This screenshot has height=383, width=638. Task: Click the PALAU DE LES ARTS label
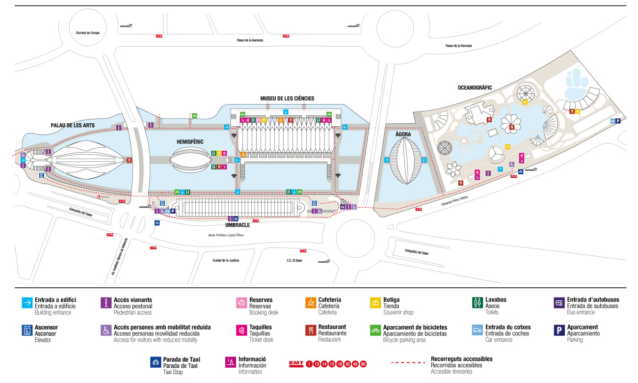(73, 126)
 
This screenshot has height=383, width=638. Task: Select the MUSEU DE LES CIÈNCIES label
(287, 98)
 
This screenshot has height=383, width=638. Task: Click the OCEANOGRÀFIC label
(475, 88)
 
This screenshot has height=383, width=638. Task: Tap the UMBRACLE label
(238, 225)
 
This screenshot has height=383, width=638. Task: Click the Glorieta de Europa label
(88, 33)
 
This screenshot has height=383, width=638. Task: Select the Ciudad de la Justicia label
(226, 260)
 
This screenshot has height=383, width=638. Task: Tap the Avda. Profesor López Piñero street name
(226, 235)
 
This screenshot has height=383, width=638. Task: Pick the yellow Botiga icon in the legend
(375, 303)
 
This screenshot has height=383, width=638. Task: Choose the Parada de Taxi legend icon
(155, 363)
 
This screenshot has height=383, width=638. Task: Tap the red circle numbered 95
(363, 364)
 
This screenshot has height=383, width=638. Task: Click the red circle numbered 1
(309, 364)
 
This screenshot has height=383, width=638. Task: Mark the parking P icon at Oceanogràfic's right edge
(618, 121)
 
